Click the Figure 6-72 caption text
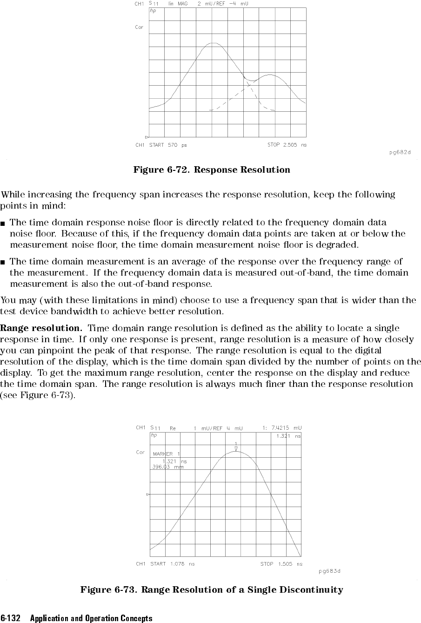point(211,169)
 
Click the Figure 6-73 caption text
point(211,590)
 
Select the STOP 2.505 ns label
point(287,145)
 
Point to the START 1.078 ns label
point(172,564)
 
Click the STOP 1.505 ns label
point(281,564)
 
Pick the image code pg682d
point(400,152)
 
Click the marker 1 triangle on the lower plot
point(236,449)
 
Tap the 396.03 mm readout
point(165,466)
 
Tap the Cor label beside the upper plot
point(139,27)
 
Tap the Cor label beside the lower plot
point(140,452)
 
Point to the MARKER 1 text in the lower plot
point(166,454)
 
